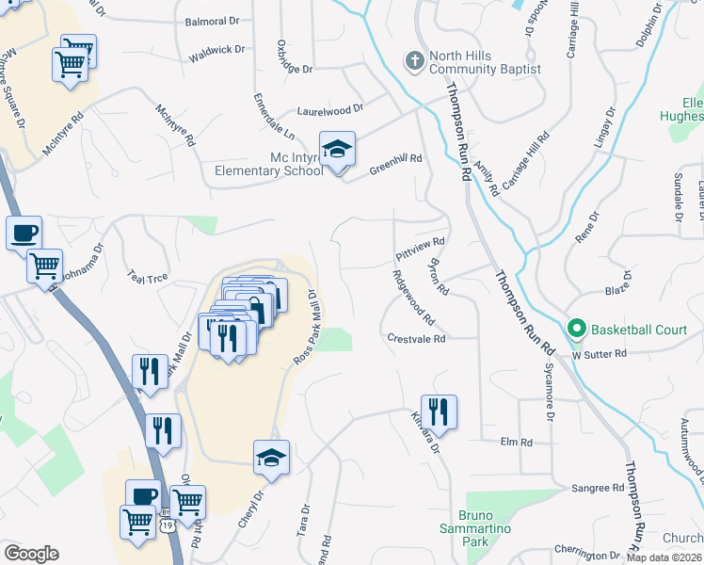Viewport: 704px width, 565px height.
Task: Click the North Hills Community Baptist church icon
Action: pyautogui.click(x=414, y=62)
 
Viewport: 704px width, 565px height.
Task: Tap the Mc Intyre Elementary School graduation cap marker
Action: pyautogui.click(x=337, y=149)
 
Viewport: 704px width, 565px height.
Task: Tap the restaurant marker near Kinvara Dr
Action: pyautogui.click(x=439, y=412)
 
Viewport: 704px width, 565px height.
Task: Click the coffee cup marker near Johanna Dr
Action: pyautogui.click(x=24, y=233)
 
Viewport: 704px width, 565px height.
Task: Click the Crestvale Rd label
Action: pyautogui.click(x=416, y=338)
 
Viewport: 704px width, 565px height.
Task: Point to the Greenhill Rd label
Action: pyautogui.click(x=394, y=164)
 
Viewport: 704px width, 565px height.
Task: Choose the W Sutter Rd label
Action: pyautogui.click(x=599, y=354)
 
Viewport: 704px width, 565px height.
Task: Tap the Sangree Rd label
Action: pyautogui.click(x=599, y=489)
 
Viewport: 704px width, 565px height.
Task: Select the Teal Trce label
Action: pyautogui.click(x=147, y=278)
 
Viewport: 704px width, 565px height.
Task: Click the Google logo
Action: pyautogui.click(x=30, y=554)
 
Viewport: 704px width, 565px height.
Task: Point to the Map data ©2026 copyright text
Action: pyautogui.click(x=664, y=557)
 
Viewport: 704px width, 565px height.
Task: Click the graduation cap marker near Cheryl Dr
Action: pyautogui.click(x=272, y=458)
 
